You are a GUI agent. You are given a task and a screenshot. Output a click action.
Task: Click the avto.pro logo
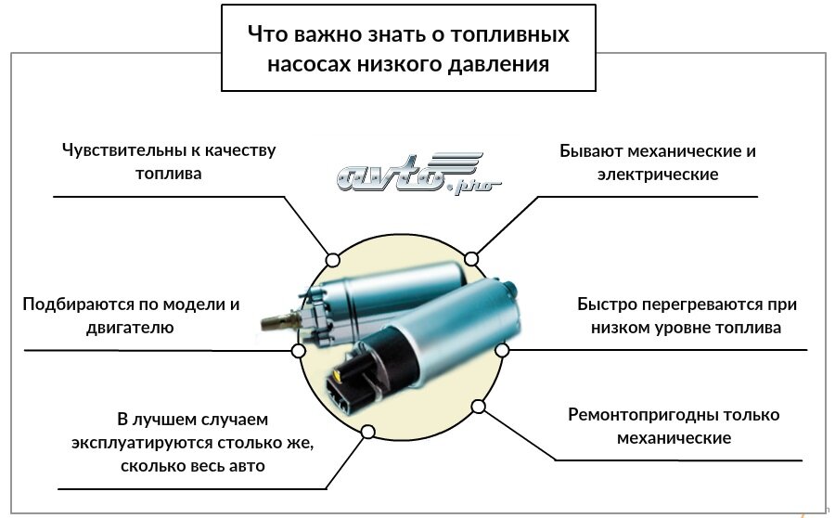(419, 174)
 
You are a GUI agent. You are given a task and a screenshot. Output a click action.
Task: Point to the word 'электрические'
(658, 175)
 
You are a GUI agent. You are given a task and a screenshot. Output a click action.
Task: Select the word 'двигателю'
(130, 328)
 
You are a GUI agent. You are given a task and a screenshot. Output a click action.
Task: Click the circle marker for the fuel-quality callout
(333, 260)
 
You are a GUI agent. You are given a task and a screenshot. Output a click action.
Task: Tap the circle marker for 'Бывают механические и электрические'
(471, 259)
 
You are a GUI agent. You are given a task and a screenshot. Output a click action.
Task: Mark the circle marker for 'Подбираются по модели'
(299, 351)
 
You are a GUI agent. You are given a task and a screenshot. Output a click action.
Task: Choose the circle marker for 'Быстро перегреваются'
(502, 350)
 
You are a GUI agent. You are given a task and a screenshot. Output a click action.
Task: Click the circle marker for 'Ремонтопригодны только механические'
(478, 407)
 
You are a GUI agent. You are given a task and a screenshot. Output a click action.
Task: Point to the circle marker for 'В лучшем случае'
(368, 432)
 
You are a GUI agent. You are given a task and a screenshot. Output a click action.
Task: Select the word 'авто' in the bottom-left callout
(247, 466)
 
